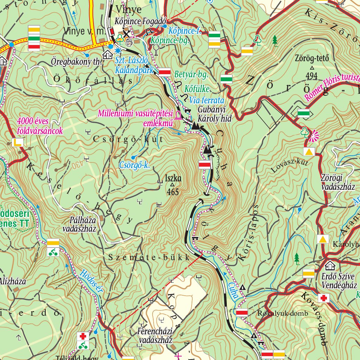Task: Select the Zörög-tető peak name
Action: coord(312,58)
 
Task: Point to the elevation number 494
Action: coord(311,76)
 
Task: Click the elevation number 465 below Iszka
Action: coord(173,192)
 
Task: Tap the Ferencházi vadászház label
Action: coord(155,336)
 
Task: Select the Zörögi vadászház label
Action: coord(338,182)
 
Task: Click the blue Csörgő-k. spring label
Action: coord(135,165)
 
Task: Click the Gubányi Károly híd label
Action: coord(214,114)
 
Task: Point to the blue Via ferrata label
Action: coord(207,100)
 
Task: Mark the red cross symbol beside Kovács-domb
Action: coord(324,298)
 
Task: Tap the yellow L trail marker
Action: coord(18,142)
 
